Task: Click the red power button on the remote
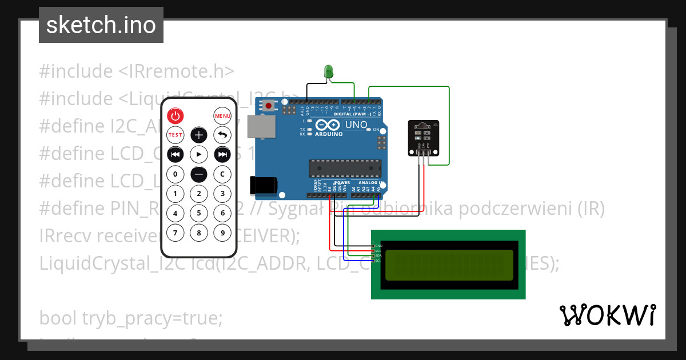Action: pyautogui.click(x=175, y=116)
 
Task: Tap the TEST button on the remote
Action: pyautogui.click(x=175, y=135)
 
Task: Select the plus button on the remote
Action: pyautogui.click(x=198, y=135)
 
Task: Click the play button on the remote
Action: pyautogui.click(x=198, y=154)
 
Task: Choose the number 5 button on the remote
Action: pyautogui.click(x=198, y=213)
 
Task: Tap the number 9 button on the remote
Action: pyautogui.click(x=222, y=233)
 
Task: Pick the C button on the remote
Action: pyautogui.click(x=222, y=174)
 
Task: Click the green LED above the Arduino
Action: pyautogui.click(x=329, y=72)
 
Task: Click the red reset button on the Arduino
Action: pyautogui.click(x=269, y=105)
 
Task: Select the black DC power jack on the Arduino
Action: pyautogui.click(x=263, y=185)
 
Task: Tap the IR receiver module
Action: pyautogui.click(x=424, y=137)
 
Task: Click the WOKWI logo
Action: pyautogui.click(x=607, y=315)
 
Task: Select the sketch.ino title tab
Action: pyautogui.click(x=101, y=25)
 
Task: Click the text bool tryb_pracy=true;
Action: pyautogui.click(x=130, y=318)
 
